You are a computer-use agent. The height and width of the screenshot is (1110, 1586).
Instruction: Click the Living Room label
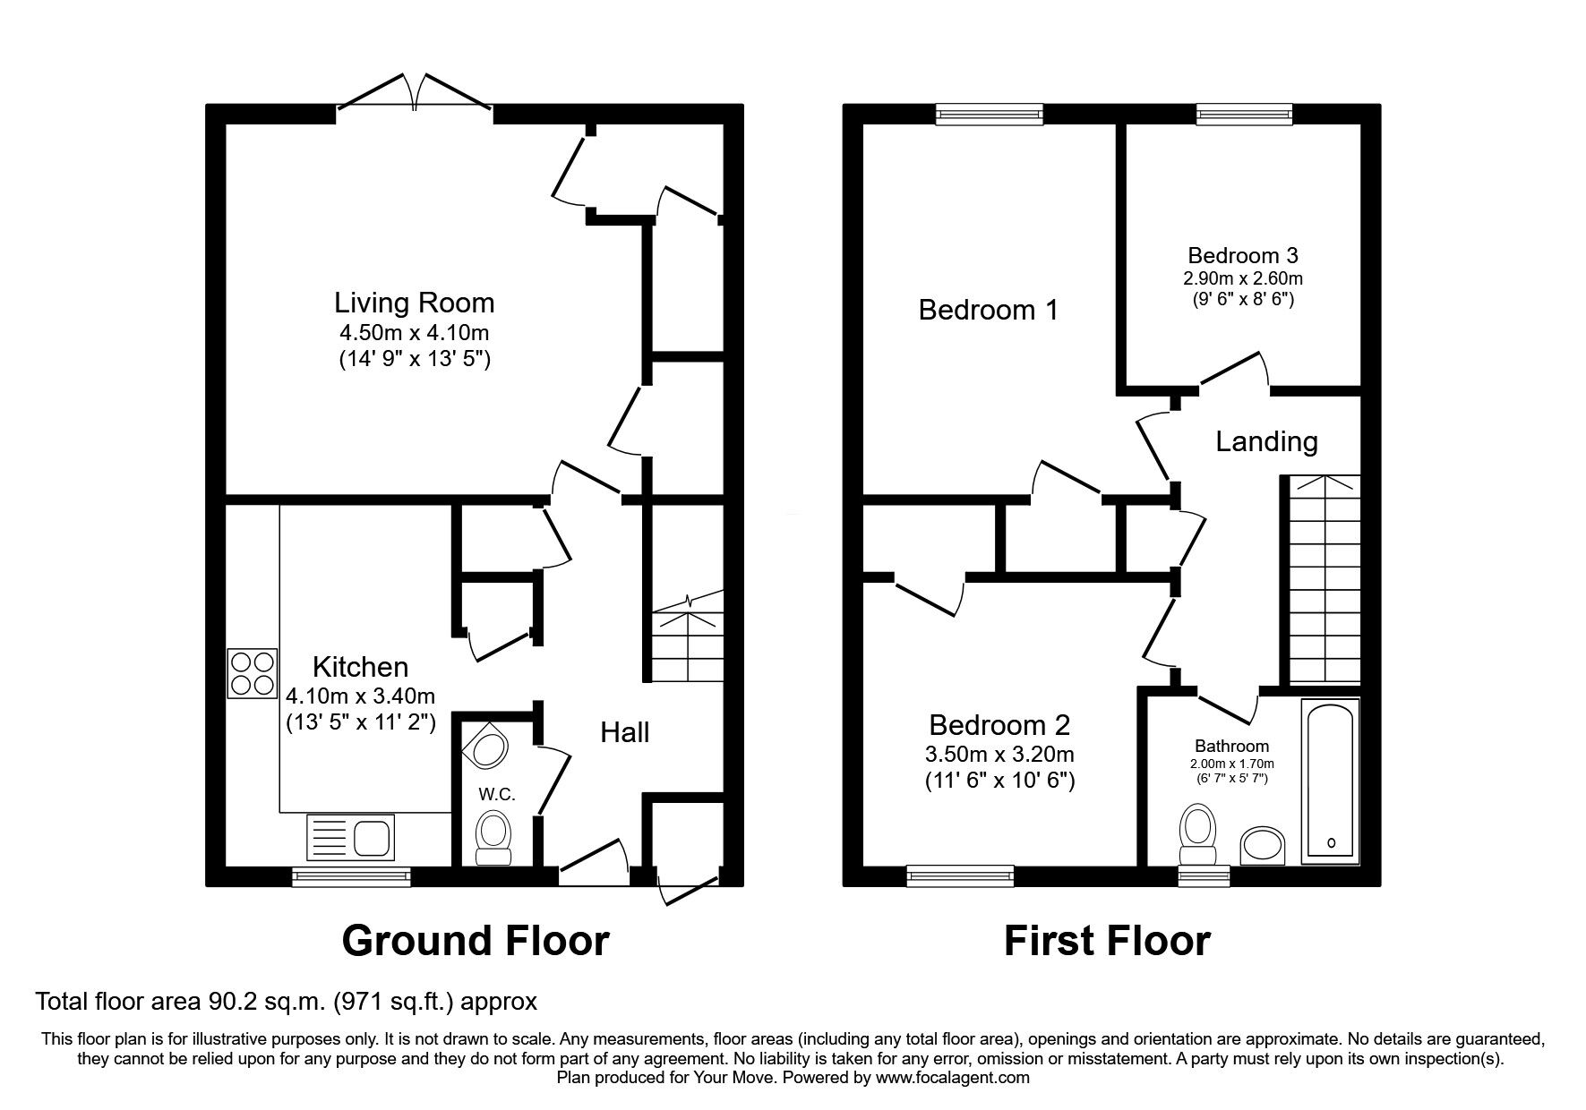(415, 303)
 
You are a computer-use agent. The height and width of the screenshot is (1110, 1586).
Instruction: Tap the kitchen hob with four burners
(252, 674)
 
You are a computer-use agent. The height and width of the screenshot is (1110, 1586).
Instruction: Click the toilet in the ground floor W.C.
(492, 838)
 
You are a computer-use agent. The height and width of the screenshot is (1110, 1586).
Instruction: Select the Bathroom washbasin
(1262, 846)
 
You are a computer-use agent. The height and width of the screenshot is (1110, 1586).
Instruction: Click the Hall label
(624, 732)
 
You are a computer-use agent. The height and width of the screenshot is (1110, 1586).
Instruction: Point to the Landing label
(1266, 441)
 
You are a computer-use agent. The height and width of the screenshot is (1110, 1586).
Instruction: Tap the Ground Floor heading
(476, 941)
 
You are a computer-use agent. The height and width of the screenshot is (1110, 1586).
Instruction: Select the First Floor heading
(1107, 941)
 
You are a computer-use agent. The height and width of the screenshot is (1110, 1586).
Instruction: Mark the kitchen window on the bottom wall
(351, 875)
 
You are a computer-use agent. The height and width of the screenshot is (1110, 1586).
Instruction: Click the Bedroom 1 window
(990, 113)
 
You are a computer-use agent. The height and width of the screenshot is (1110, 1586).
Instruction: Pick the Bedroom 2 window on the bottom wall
(960, 875)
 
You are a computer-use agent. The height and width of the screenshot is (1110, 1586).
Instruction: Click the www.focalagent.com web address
(953, 1078)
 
